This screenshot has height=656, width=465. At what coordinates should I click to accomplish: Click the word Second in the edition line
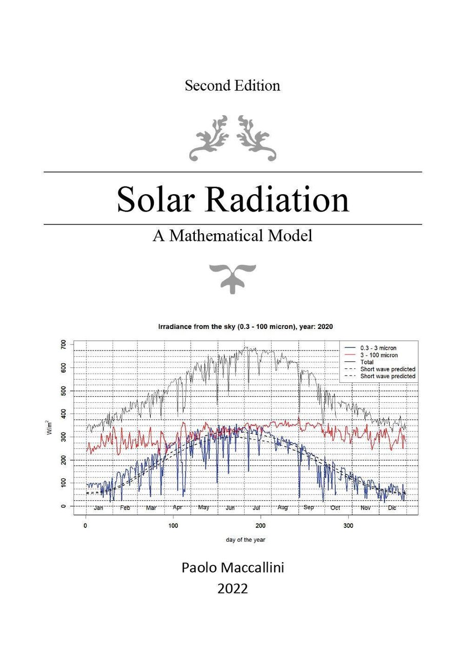(207, 86)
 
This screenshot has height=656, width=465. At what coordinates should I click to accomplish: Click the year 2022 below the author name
(232, 589)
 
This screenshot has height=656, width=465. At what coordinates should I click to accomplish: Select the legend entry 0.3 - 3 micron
(378, 348)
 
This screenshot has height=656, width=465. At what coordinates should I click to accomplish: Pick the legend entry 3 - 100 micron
(379, 355)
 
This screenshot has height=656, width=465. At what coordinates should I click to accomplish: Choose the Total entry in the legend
(368, 362)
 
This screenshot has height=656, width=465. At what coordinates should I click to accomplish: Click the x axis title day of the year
(246, 540)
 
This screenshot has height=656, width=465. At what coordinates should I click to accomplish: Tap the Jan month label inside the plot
(99, 508)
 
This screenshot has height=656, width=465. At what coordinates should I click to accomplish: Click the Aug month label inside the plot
(282, 508)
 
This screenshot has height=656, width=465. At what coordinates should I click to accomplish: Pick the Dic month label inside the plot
(392, 508)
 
